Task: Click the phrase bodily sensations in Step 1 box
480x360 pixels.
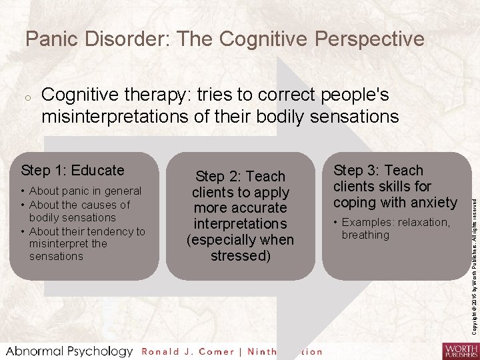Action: pyautogui.click(x=72, y=218)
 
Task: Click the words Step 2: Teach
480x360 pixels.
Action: pyautogui.click(x=239, y=177)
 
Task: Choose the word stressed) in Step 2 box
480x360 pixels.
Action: pyautogui.click(x=239, y=256)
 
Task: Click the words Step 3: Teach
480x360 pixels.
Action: pyautogui.click(x=378, y=171)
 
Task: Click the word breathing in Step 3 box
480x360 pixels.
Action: pyautogui.click(x=365, y=235)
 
